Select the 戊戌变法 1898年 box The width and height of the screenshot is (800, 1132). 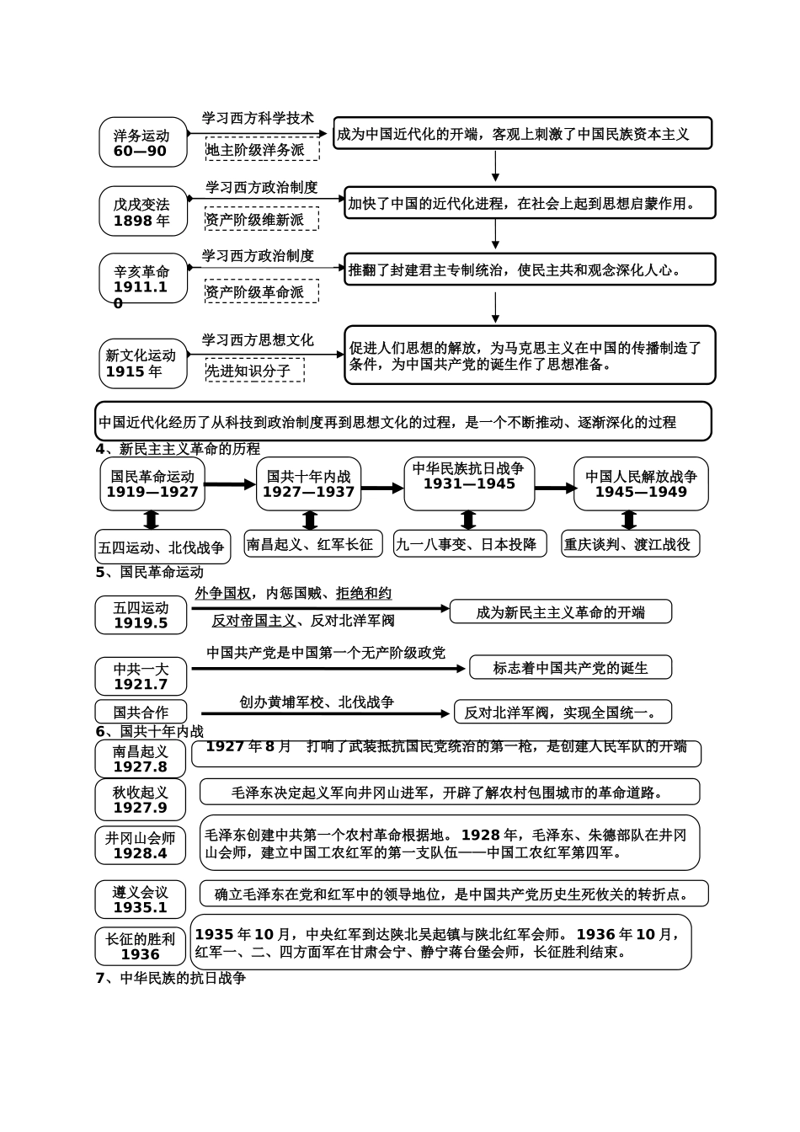(143, 211)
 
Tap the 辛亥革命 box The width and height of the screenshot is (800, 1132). (143, 280)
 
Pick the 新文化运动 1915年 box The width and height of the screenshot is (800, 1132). (143, 363)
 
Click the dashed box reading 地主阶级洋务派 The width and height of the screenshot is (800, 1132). (262, 149)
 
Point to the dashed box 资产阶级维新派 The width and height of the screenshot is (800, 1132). (262, 219)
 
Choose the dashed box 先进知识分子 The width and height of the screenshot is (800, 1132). (255, 370)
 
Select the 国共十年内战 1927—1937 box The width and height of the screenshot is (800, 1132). (309, 483)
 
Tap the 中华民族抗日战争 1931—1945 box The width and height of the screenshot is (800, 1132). (469, 483)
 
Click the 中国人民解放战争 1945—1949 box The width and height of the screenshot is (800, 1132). (641, 483)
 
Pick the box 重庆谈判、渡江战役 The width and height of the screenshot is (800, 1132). (631, 544)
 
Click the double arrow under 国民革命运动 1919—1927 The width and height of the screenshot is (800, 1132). (152, 520)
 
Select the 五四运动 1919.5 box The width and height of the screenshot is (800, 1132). (141, 615)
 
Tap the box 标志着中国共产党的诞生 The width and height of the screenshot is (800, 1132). (570, 668)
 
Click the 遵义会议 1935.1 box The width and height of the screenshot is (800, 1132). (141, 900)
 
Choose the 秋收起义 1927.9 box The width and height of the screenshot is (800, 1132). (141, 799)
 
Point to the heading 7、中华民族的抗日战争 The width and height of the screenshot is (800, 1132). (171, 978)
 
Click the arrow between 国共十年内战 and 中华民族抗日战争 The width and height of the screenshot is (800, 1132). (382, 488)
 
